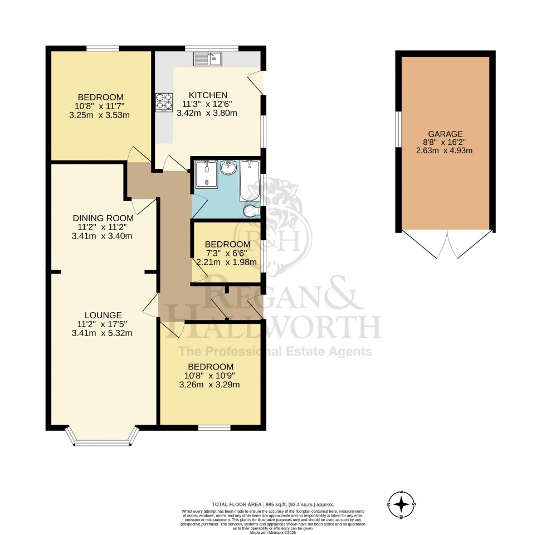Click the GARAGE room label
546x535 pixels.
tap(445, 134)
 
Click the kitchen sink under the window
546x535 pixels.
tap(208, 57)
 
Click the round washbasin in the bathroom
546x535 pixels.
tap(228, 168)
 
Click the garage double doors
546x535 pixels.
tap(446, 245)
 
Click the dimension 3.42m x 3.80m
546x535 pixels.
tap(207, 113)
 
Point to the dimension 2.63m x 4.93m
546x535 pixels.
tap(445, 152)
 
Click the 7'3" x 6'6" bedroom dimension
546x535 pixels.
tap(227, 254)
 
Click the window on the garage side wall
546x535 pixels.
tap(397, 130)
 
